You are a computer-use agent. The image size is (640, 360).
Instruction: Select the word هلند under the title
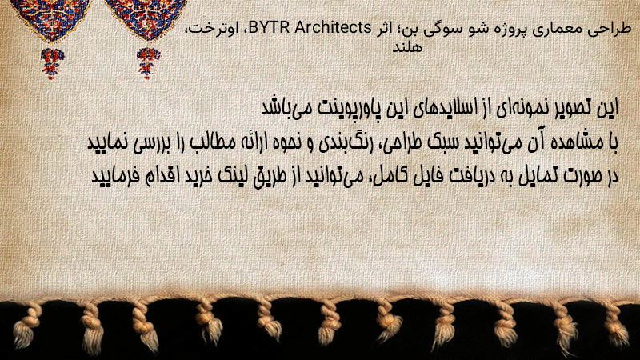406,47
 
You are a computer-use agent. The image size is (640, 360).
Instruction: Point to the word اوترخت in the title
212,29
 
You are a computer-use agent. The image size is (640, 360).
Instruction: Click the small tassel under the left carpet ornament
52,62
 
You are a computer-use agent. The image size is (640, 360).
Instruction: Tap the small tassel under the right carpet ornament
148,62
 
